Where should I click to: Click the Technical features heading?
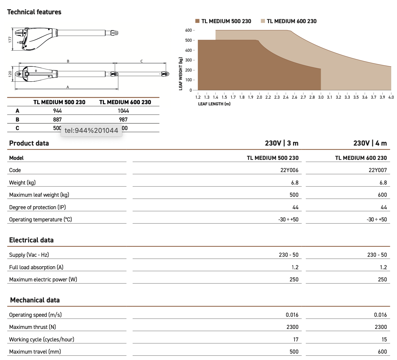(x=34, y=12)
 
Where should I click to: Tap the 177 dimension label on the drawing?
(x=10, y=39)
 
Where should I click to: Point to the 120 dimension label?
(x=10, y=74)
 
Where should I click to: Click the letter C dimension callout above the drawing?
(x=141, y=61)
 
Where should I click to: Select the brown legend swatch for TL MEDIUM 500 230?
(x=197, y=21)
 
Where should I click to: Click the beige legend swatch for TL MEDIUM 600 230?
(x=263, y=21)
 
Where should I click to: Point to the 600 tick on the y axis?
(x=188, y=30)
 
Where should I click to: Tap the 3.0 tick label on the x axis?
(x=321, y=97)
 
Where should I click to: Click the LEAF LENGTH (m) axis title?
(x=214, y=104)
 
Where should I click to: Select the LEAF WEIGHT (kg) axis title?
(x=181, y=74)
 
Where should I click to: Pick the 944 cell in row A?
(x=57, y=111)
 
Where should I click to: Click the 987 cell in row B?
(x=123, y=119)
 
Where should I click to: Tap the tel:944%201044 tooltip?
(x=91, y=131)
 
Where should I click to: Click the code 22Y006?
(x=289, y=170)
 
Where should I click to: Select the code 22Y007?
(x=377, y=170)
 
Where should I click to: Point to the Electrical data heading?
(x=31, y=240)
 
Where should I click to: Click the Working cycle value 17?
(x=296, y=339)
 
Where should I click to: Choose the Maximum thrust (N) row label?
(x=33, y=327)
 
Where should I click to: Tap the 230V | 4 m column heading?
(x=370, y=143)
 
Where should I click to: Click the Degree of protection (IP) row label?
(x=38, y=207)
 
